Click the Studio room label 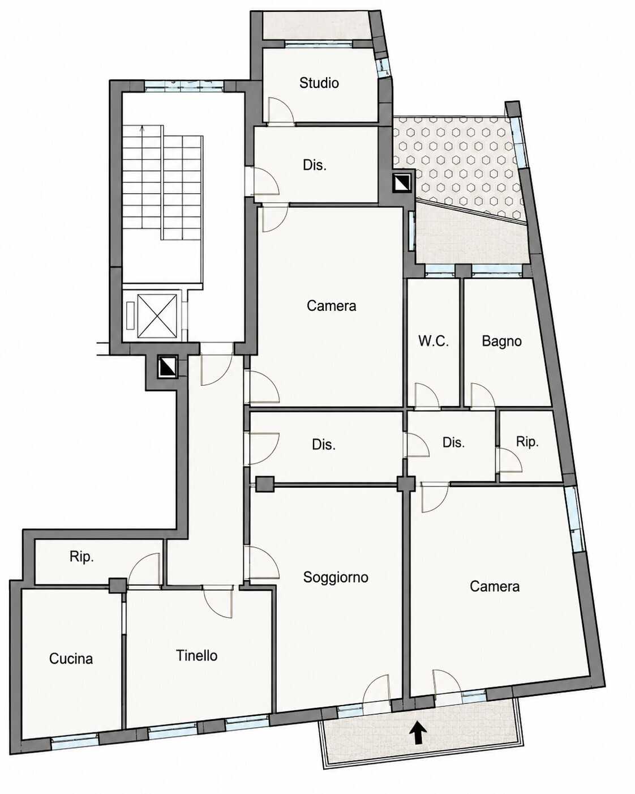[319, 83]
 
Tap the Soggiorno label [336, 577]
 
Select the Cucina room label [71, 659]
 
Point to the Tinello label [196, 656]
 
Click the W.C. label [434, 341]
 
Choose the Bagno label [501, 341]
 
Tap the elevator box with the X [157, 316]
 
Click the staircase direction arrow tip [143, 127]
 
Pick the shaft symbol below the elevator [168, 367]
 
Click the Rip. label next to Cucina [81, 557]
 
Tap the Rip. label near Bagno [527, 442]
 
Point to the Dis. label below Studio [315, 165]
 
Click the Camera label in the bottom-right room [495, 586]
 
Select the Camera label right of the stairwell [331, 306]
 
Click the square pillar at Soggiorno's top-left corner [265, 484]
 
